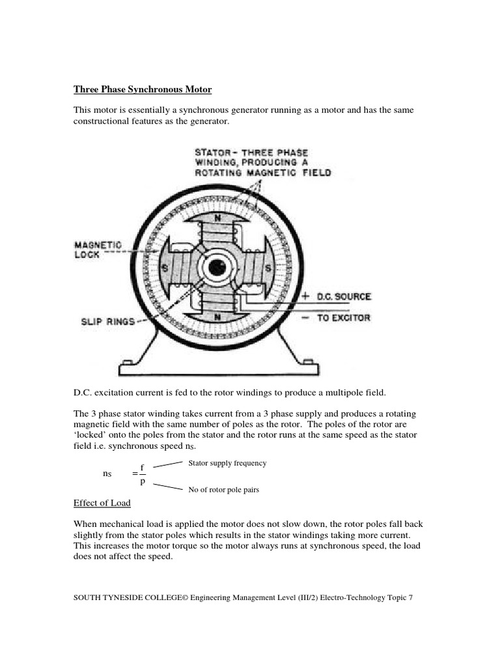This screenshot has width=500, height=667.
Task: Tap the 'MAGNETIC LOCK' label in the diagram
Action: tap(98, 249)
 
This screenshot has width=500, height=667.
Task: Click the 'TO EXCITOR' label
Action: tap(344, 318)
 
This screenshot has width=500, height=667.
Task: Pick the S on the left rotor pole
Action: tap(165, 268)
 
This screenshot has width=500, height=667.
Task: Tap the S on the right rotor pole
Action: tap(268, 268)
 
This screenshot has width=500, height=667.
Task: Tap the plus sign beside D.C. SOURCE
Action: tap(305, 296)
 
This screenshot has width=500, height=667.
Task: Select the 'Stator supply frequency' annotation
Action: tap(227, 463)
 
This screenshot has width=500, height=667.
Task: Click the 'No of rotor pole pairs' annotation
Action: tap(223, 490)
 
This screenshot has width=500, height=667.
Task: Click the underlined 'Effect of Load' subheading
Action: tap(102, 503)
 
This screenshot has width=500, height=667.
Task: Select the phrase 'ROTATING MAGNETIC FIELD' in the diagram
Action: tap(263, 173)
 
